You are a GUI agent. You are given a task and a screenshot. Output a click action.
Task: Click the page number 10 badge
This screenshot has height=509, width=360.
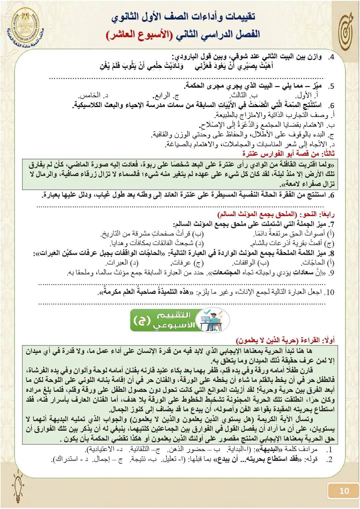pos(344,491)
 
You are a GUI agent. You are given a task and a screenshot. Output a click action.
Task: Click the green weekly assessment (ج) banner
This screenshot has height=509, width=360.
pos(179,320)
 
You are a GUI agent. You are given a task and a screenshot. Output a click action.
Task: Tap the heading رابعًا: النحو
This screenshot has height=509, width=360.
pos(277,214)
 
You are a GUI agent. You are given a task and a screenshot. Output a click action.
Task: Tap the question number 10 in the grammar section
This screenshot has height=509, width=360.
pos(329,292)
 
